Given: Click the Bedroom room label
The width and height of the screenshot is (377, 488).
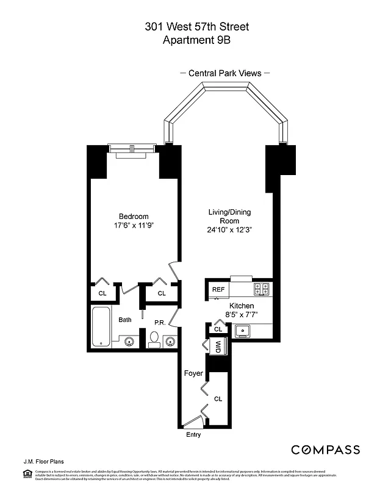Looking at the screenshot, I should pyautogui.click(x=133, y=217).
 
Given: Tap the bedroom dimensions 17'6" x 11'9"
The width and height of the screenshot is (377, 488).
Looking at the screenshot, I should pyautogui.click(x=133, y=226).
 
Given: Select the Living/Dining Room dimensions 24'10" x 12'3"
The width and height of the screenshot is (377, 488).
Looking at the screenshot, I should pyautogui.click(x=229, y=230).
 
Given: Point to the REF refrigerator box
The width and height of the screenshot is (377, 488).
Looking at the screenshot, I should pyautogui.click(x=217, y=289).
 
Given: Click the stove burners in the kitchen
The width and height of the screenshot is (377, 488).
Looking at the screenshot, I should pyautogui.click(x=262, y=289).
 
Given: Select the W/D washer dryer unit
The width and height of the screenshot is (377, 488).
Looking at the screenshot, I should pyautogui.click(x=218, y=346).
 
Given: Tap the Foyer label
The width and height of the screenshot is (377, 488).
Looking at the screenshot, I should pyautogui.click(x=193, y=373).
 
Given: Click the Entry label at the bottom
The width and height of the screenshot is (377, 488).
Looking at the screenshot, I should pyautogui.click(x=193, y=435).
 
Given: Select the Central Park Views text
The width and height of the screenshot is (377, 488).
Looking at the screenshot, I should pyautogui.click(x=224, y=73).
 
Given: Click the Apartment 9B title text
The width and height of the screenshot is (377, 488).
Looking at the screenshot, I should pyautogui.click(x=188, y=40).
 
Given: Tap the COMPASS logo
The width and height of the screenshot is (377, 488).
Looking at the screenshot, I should pyautogui.click(x=325, y=450).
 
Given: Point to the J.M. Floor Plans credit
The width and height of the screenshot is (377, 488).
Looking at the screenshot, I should pyautogui.click(x=44, y=462).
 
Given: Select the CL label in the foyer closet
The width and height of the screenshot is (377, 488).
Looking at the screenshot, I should pyautogui.click(x=218, y=399).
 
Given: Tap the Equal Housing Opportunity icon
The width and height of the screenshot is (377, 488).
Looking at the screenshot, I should pyautogui.click(x=27, y=473).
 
